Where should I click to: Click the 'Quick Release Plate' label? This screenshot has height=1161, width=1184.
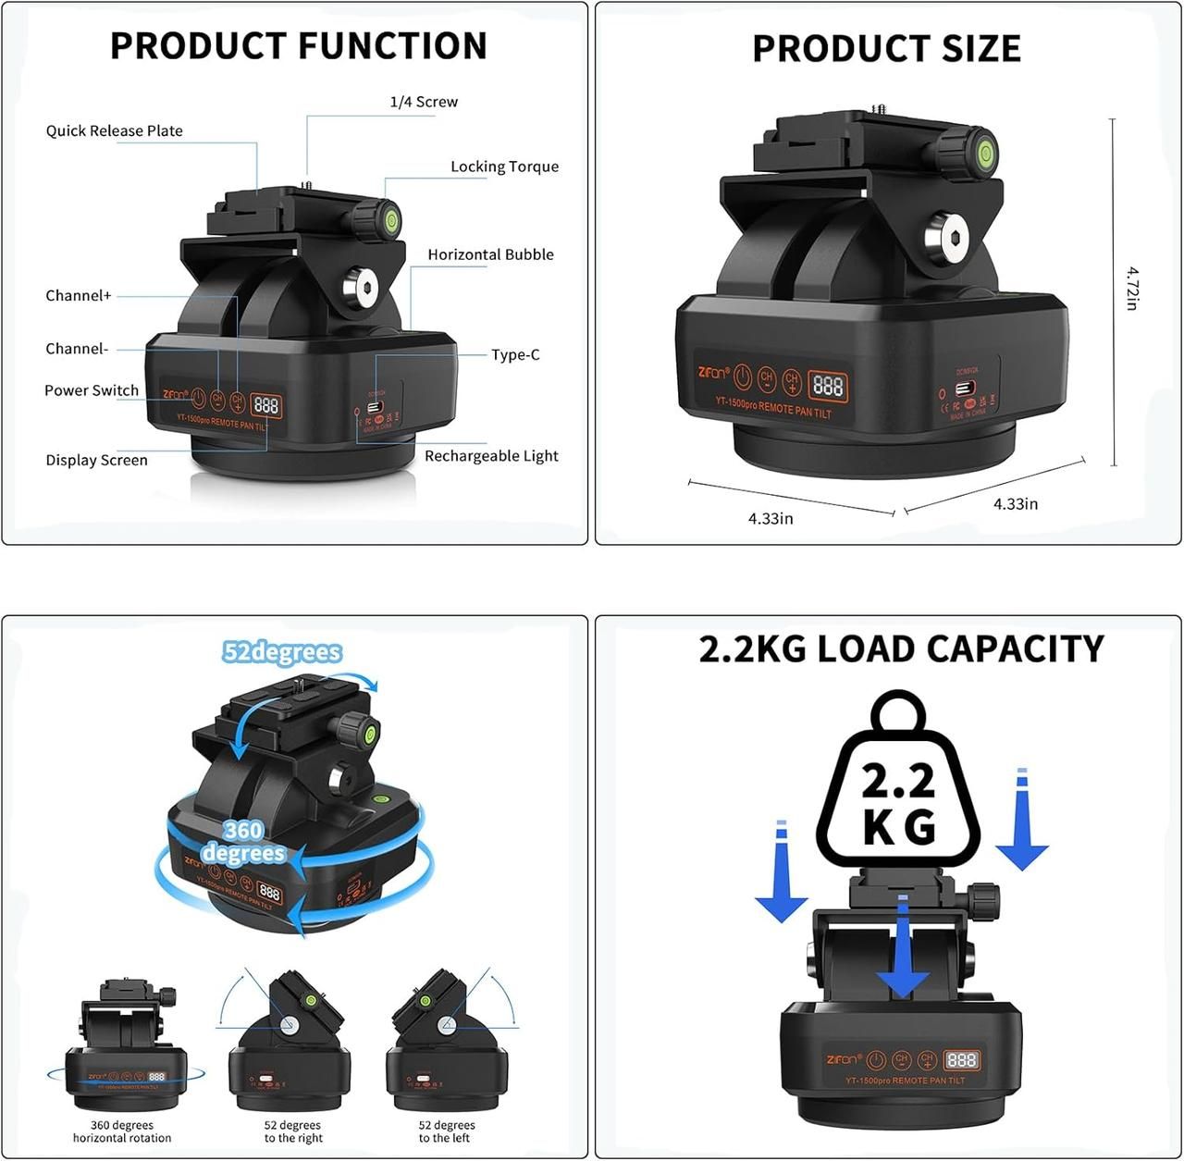pyautogui.click(x=115, y=131)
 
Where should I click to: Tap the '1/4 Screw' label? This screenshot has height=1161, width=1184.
pyautogui.click(x=424, y=102)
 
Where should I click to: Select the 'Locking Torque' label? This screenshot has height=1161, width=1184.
pyautogui.click(x=504, y=167)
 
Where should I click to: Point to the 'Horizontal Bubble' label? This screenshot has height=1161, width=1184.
pyautogui.click(x=490, y=254)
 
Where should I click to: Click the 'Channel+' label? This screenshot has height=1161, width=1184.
pyautogui.click(x=79, y=296)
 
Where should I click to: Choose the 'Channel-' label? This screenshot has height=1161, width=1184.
pyautogui.click(x=77, y=349)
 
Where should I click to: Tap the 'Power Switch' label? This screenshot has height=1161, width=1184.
pyautogui.click(x=92, y=390)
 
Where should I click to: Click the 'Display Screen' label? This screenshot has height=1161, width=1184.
pyautogui.click(x=96, y=460)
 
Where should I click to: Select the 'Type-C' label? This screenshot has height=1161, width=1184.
pyautogui.click(x=515, y=354)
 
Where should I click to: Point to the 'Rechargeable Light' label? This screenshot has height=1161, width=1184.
pyautogui.click(x=491, y=456)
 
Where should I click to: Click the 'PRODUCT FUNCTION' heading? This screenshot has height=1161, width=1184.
pyautogui.click(x=298, y=46)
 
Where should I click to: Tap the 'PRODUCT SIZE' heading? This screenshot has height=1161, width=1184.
pyautogui.click(x=886, y=48)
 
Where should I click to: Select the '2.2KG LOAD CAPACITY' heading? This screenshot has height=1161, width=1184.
pyautogui.click(x=901, y=648)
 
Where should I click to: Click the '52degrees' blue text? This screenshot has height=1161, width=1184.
pyautogui.click(x=282, y=652)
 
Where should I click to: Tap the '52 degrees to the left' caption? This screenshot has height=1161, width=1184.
pyautogui.click(x=447, y=1131)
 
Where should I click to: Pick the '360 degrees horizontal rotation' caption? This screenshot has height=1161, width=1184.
pyautogui.click(x=122, y=1131)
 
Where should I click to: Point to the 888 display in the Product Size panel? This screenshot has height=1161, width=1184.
pyautogui.click(x=827, y=385)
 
